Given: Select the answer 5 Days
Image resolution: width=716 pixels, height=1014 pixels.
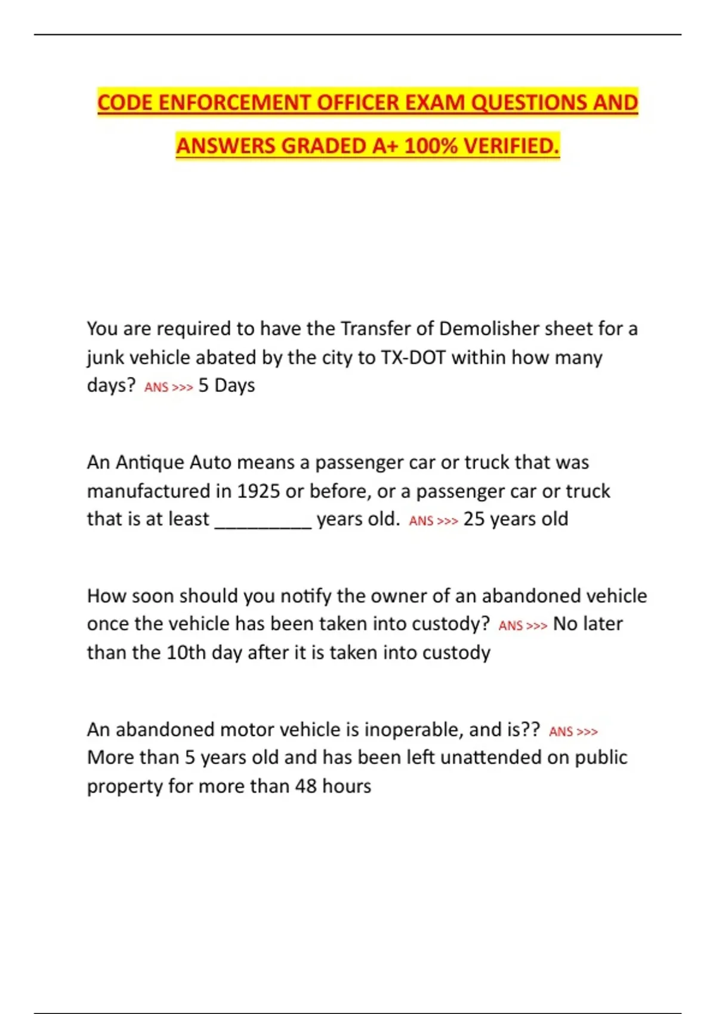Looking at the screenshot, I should click(227, 385).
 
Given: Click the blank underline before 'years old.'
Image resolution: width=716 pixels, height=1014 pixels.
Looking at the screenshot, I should click(263, 520).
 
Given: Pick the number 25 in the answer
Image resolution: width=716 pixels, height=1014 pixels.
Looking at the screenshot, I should click(474, 519).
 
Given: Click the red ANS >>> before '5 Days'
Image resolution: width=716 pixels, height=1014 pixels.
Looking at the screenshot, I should click(168, 387).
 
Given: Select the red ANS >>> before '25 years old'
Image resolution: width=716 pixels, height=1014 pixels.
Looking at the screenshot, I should click(433, 521).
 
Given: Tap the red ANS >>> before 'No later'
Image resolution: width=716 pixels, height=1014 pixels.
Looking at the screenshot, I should click(523, 626).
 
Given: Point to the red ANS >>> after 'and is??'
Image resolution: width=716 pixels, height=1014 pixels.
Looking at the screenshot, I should click(573, 731).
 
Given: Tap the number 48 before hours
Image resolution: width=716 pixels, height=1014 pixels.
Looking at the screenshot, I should click(305, 786).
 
